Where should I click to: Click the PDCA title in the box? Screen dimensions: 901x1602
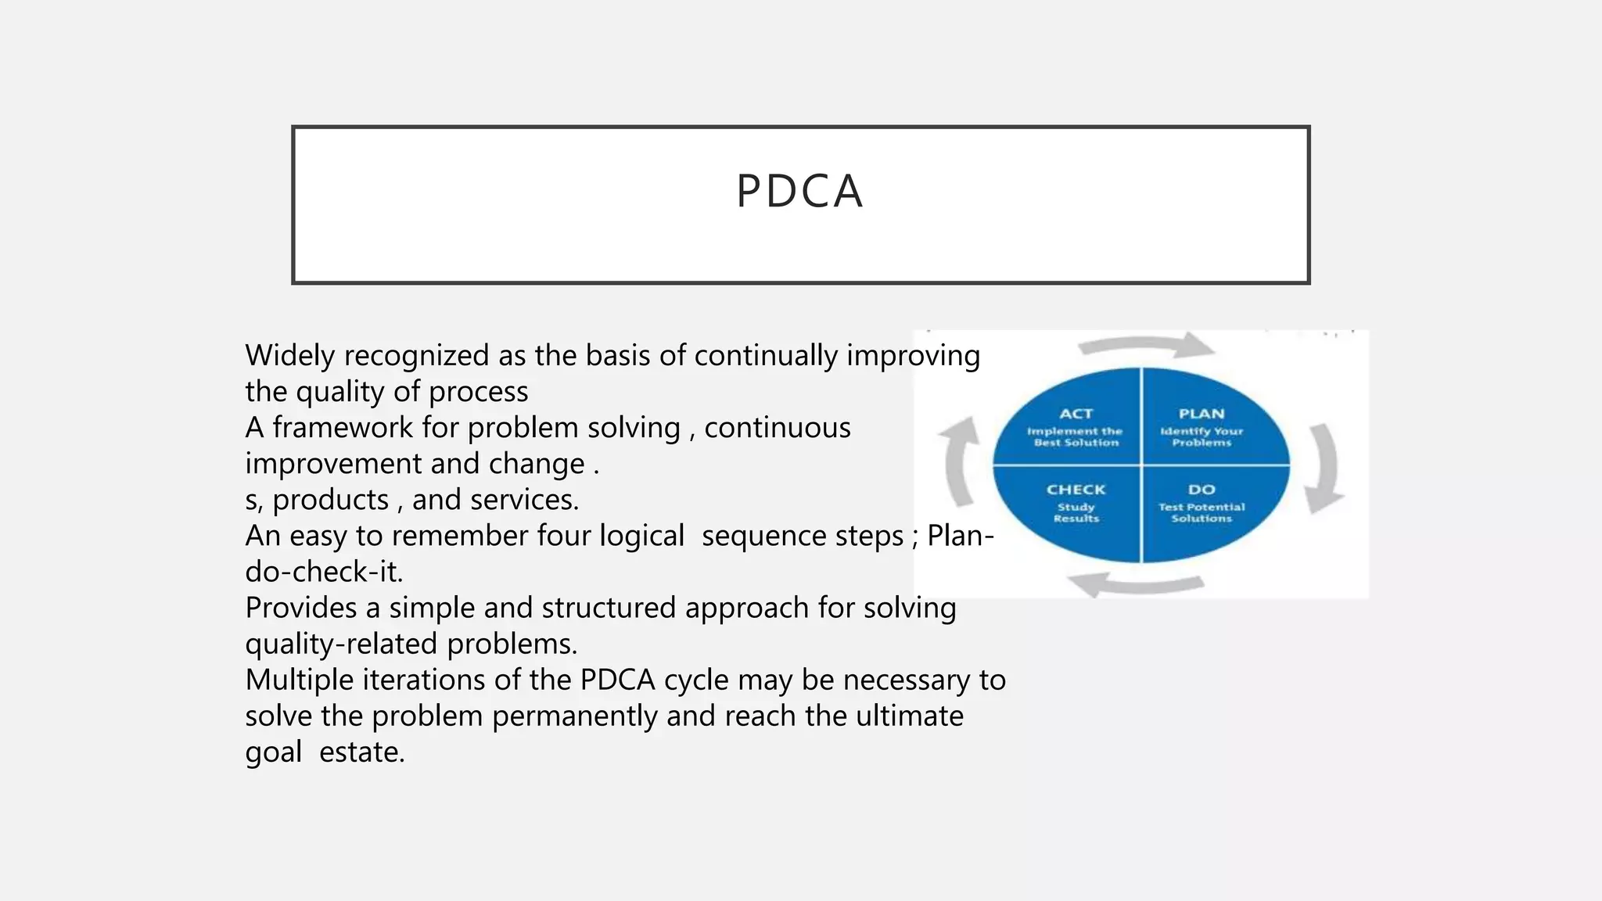[x=799, y=192]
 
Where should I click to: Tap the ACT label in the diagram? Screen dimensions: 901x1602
[x=1076, y=414]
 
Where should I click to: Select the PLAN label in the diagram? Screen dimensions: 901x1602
[x=1201, y=414]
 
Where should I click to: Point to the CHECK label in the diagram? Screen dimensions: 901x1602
[x=1076, y=490]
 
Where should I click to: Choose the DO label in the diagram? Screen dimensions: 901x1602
[x=1201, y=490]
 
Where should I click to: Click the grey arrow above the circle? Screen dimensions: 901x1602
[x=1146, y=345]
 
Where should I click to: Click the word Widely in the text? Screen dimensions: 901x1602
[x=289, y=356]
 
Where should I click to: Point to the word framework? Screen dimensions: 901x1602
[x=343, y=428]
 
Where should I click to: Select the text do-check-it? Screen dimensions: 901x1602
[x=324, y=572]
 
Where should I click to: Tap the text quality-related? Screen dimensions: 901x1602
[x=341, y=644]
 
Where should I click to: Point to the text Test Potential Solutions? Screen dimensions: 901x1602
[x=1201, y=512]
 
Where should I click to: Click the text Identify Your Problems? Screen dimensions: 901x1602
[x=1201, y=436]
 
